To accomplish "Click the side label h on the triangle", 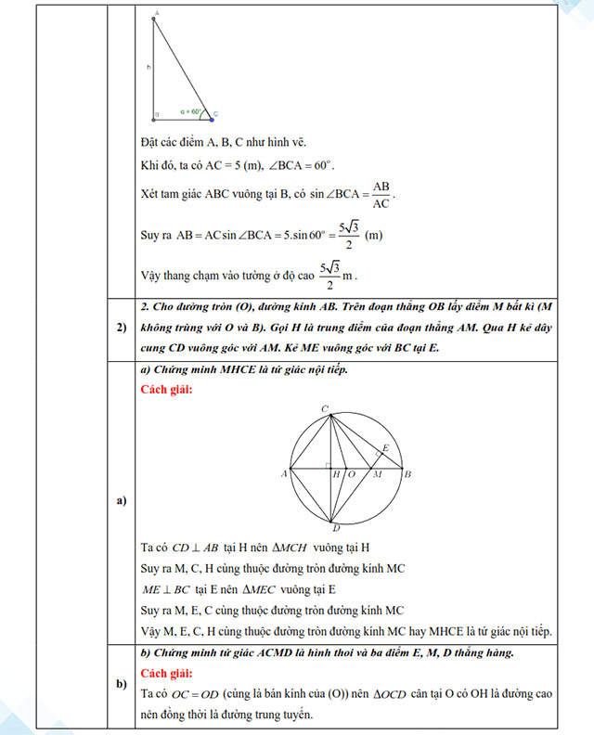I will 148,68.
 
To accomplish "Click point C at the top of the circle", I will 324,408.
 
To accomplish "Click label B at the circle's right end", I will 409,474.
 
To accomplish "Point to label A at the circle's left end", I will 283,474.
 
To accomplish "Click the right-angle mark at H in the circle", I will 329,465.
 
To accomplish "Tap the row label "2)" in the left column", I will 121,328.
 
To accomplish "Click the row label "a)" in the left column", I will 121,502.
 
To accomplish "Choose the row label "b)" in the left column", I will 121,684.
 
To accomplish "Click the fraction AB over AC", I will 381,195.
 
